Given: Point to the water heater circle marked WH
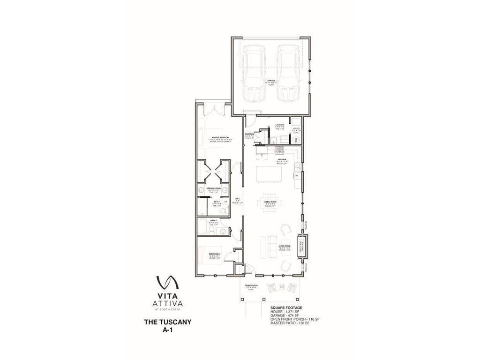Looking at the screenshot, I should [296, 140].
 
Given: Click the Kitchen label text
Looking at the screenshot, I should [282, 161].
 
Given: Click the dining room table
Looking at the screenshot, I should [269, 203].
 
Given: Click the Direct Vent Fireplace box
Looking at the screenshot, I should [302, 246].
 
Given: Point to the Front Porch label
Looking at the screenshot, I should [251, 287].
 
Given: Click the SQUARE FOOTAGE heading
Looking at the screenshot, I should [286, 308].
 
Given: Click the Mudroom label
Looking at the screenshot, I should [249, 135].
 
